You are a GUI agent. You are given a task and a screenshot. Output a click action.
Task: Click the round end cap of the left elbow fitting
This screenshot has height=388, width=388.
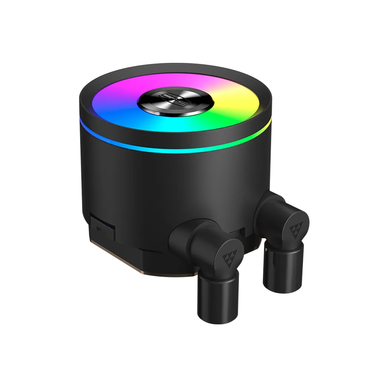[225, 257]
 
